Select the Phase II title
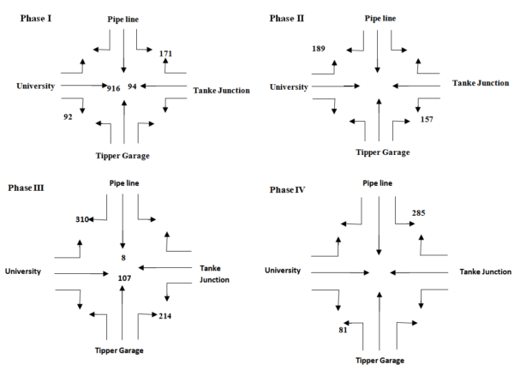pyautogui.click(x=289, y=17)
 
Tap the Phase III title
pyautogui.click(x=27, y=186)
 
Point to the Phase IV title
pyautogui.click(x=289, y=188)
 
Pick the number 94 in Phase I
pyautogui.click(x=133, y=87)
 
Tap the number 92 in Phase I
pyautogui.click(x=69, y=116)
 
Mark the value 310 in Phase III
pyautogui.click(x=83, y=220)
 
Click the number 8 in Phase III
pyautogui.click(x=123, y=255)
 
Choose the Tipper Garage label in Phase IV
pyautogui.click(x=378, y=360)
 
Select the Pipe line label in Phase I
pyautogui.click(x=125, y=17)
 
